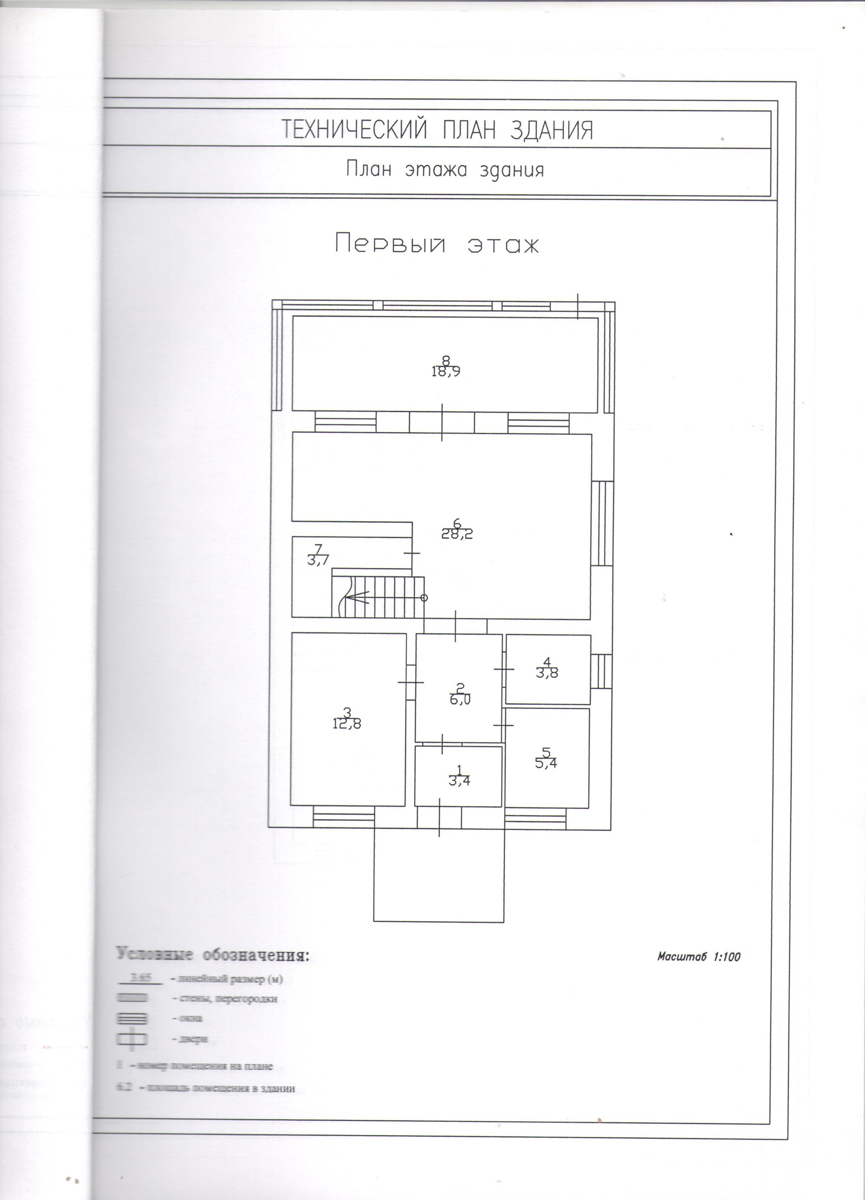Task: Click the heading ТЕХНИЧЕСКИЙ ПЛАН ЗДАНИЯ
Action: [437, 130]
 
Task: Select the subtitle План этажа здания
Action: [445, 169]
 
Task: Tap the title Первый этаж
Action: [437, 245]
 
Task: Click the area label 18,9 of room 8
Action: [446, 372]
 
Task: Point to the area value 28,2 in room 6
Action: [457, 534]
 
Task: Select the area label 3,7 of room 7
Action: [318, 560]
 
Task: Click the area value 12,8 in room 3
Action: [346, 724]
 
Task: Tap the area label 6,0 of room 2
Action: [460, 700]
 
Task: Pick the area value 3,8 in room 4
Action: [547, 673]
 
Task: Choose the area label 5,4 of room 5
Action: [546, 763]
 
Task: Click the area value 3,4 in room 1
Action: [459, 781]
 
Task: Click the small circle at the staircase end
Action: [424, 598]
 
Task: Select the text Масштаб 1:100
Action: [698, 957]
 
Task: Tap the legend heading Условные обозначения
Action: [212, 955]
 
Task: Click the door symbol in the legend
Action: [131, 1039]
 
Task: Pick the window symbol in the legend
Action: [131, 1018]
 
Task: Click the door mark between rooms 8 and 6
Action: [442, 422]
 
